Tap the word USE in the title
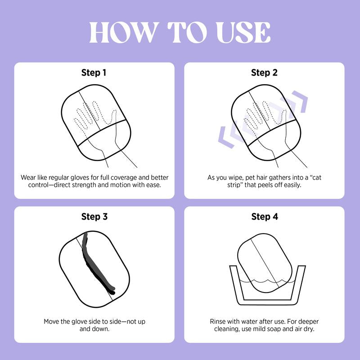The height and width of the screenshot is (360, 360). [x=243, y=32]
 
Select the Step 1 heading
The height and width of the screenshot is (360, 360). [x=94, y=72]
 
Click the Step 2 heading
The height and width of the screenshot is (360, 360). [x=264, y=72]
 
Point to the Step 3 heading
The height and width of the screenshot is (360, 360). [x=94, y=216]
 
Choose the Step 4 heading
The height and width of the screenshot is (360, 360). [x=265, y=216]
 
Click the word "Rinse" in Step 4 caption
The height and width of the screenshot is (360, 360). [x=218, y=321]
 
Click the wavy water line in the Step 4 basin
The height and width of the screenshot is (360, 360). [x=267, y=281]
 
